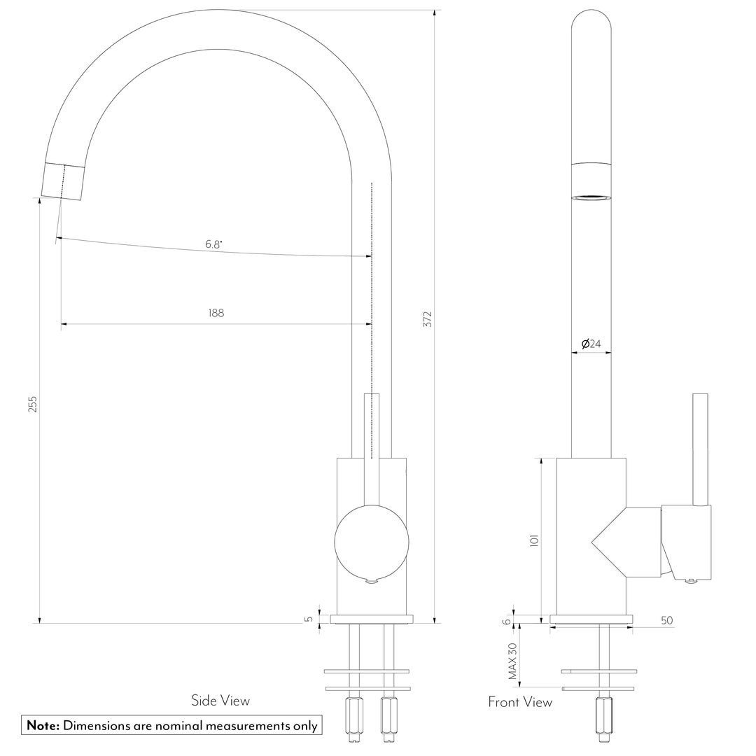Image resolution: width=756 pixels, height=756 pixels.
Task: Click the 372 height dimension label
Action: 428,320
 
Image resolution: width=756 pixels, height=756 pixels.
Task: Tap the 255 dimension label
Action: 32,405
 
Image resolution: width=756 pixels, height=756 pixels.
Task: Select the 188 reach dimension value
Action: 216,313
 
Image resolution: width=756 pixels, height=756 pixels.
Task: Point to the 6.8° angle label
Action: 213,244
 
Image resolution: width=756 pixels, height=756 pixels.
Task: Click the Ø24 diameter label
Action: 591,344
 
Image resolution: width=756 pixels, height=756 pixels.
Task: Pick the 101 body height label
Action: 533,540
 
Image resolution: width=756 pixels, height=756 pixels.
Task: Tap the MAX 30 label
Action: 512,661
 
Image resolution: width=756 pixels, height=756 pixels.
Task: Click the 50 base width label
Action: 667,620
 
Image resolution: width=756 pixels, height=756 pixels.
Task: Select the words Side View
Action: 220,701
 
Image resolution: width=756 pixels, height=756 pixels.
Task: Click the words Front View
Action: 520,702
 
